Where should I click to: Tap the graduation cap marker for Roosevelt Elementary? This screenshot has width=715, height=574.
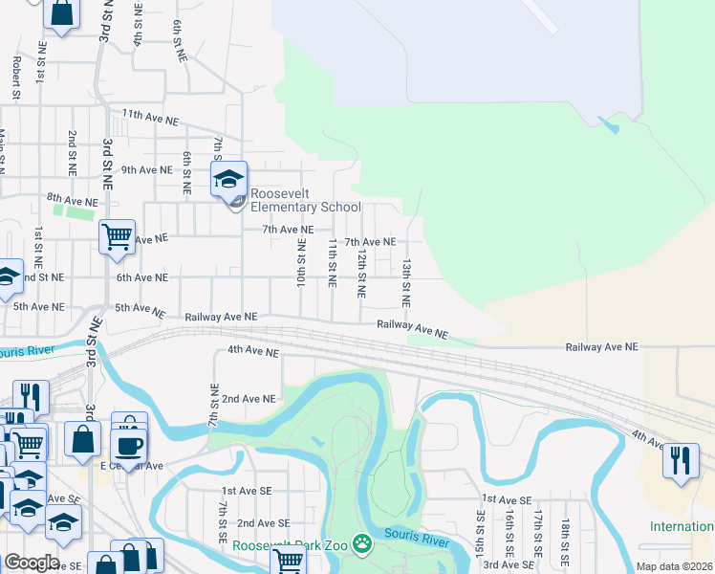229,180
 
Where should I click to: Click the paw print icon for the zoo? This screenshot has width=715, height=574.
362,545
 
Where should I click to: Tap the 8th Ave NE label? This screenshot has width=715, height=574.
73,203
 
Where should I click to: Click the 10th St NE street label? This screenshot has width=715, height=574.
300,266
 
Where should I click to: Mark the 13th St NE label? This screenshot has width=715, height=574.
406,281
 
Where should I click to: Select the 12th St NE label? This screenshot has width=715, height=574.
361,275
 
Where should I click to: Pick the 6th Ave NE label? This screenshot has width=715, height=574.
141,277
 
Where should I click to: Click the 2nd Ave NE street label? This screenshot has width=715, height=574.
248,398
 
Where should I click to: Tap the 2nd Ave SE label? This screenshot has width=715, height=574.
263,523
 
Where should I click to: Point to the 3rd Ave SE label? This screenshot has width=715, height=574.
507,565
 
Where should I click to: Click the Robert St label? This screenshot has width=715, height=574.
16,77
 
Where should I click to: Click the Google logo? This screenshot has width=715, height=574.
32,563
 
